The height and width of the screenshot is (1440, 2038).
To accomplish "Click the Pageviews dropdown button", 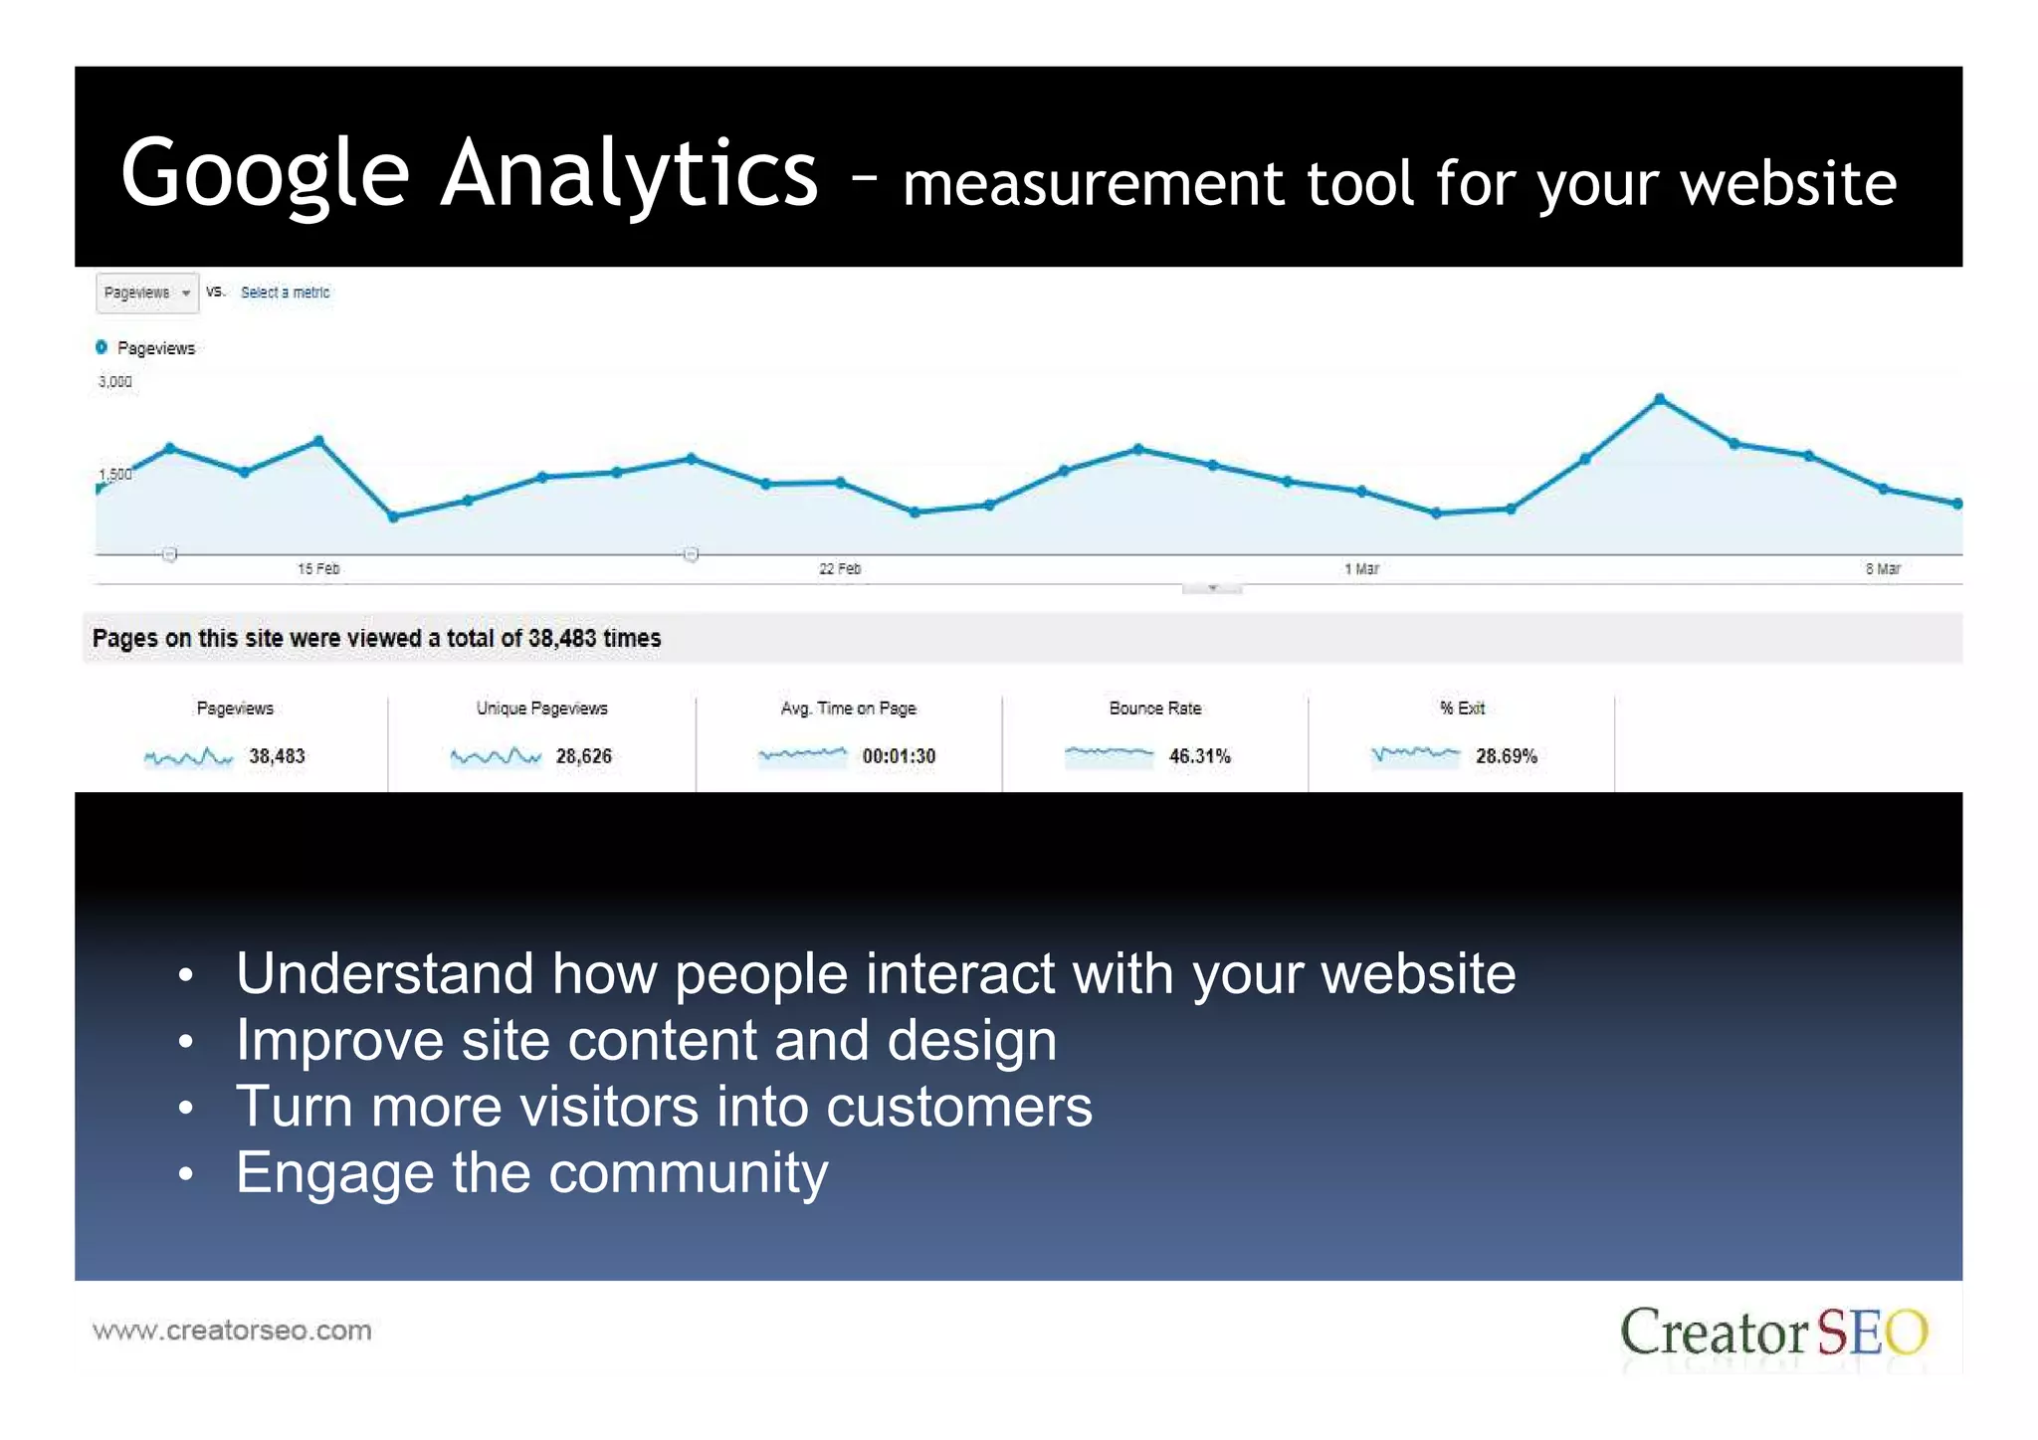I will click(147, 293).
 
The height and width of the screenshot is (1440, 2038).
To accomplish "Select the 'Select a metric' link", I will click(285, 293).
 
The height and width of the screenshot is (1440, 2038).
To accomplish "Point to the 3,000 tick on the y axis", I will click(115, 382).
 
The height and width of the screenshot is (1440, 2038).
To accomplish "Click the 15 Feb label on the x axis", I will click(318, 569).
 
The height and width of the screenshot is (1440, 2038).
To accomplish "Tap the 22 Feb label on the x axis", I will click(840, 569).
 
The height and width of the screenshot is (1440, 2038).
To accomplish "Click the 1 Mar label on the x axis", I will click(1361, 569).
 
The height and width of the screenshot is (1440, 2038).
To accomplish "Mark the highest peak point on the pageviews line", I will click(1659, 399).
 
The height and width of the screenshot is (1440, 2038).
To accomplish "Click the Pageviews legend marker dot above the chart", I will click(102, 347).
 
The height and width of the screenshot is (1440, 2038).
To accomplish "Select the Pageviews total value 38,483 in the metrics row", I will click(277, 756).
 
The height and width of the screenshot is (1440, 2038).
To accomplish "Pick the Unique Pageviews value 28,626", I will click(583, 756).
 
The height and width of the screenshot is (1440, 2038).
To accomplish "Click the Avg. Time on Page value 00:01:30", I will click(899, 756).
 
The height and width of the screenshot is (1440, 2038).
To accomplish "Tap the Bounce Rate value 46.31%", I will click(1199, 756).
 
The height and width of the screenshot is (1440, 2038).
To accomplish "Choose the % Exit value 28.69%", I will click(1506, 756).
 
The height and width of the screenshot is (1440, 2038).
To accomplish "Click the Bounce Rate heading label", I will click(1155, 709).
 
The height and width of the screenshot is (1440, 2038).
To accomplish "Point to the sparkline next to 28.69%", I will click(1415, 755).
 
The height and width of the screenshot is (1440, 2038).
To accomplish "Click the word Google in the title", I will click(265, 174).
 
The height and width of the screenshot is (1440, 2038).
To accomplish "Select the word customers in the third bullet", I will click(958, 1107).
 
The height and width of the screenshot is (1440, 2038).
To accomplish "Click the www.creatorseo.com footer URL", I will click(232, 1331).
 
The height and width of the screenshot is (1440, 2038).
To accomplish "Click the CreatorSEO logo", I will click(1773, 1334).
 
